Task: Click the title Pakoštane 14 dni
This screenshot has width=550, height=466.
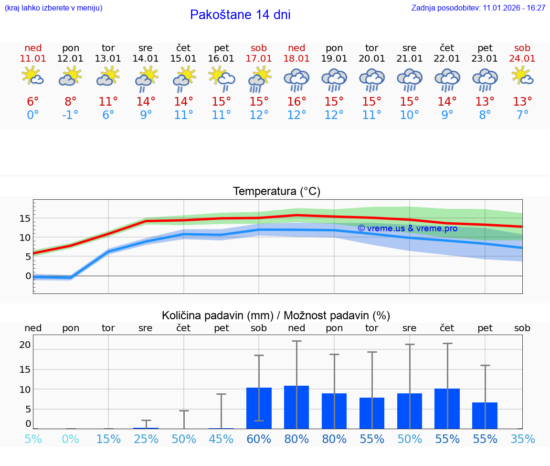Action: [x=240, y=15]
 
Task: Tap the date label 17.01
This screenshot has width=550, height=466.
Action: [x=259, y=58]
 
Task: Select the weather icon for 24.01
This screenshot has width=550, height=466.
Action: [x=522, y=76]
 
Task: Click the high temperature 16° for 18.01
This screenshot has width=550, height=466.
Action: [x=296, y=101]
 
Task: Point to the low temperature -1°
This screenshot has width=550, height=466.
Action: [x=70, y=115]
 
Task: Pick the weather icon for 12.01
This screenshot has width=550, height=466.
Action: [x=70, y=76]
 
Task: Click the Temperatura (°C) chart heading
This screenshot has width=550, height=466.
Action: [x=276, y=192]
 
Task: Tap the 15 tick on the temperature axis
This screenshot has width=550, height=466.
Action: [x=25, y=218]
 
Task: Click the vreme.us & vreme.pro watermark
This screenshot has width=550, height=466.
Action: [x=407, y=228]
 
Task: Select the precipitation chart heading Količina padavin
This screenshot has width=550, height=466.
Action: [x=275, y=315]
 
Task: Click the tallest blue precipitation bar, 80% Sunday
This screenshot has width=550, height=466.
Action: [x=296, y=407]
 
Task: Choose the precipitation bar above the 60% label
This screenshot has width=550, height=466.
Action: [x=259, y=408]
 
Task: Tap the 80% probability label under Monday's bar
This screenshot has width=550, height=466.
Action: [x=334, y=439]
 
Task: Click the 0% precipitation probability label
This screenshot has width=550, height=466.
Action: [x=70, y=439]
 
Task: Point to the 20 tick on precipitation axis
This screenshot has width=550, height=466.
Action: [x=25, y=345]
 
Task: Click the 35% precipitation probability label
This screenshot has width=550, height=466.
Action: [x=522, y=439]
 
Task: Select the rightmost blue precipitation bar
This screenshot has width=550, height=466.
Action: [x=485, y=415]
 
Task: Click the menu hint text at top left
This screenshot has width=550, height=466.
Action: [x=53, y=8]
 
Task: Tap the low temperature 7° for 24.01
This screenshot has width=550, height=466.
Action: [x=522, y=115]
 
